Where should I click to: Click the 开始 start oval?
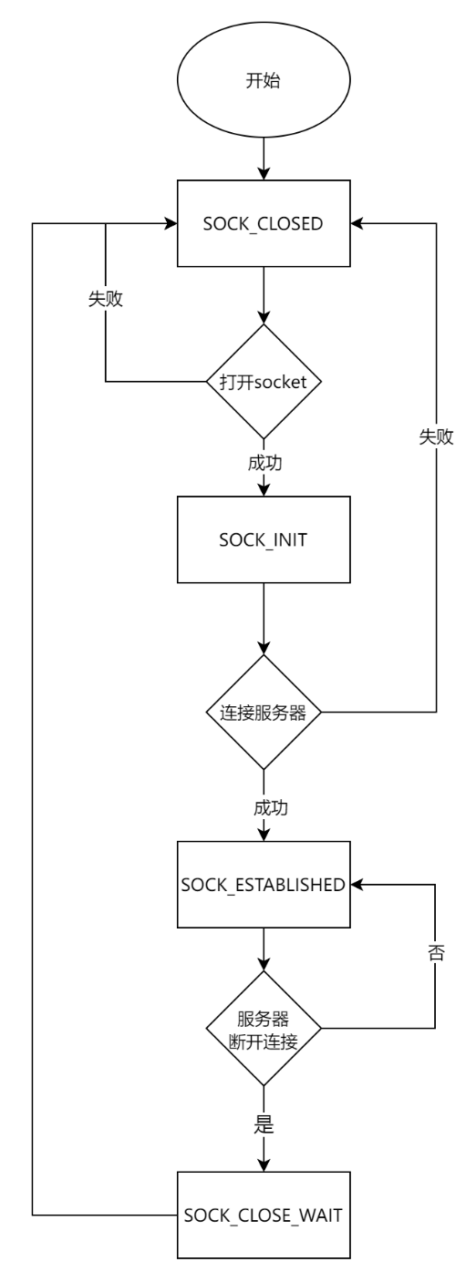coord(263,81)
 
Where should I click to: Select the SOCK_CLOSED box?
coord(263,223)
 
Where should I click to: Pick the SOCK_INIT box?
coord(263,539)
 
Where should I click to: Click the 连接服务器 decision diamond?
coord(263,712)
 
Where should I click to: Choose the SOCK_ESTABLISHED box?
coord(263,885)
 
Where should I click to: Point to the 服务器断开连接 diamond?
coord(263,1028)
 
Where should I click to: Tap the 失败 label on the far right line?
coord(436,437)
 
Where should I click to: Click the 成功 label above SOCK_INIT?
coord(264,463)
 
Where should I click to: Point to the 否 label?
coord(435,958)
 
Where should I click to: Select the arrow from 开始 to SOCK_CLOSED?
coord(263,159)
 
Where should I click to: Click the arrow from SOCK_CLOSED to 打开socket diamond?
coord(263,296)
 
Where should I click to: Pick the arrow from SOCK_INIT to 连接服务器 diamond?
coord(263,620)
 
